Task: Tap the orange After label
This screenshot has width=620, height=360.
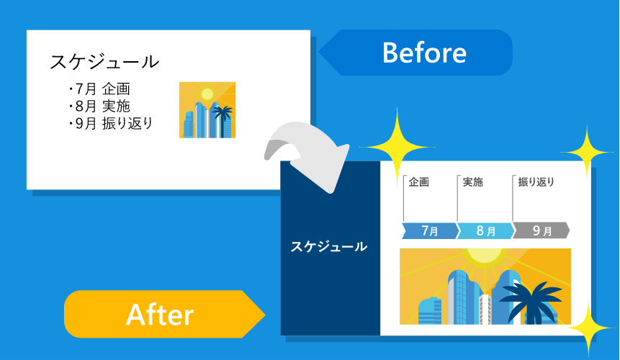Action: [159, 314]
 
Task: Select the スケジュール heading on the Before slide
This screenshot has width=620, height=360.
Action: [104, 62]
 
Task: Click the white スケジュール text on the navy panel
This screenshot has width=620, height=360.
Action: [328, 246]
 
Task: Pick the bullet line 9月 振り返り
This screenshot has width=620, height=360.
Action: [111, 123]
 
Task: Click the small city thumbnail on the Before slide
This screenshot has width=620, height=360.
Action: [207, 110]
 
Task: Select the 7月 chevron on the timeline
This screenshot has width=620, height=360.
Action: [430, 231]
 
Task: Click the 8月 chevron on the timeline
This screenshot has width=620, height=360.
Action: [486, 231]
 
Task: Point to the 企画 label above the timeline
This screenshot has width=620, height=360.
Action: [418, 182]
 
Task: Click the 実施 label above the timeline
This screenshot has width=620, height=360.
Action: [472, 182]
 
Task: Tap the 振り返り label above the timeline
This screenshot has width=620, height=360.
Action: [536, 182]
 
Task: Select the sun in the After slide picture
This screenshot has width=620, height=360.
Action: [484, 256]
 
